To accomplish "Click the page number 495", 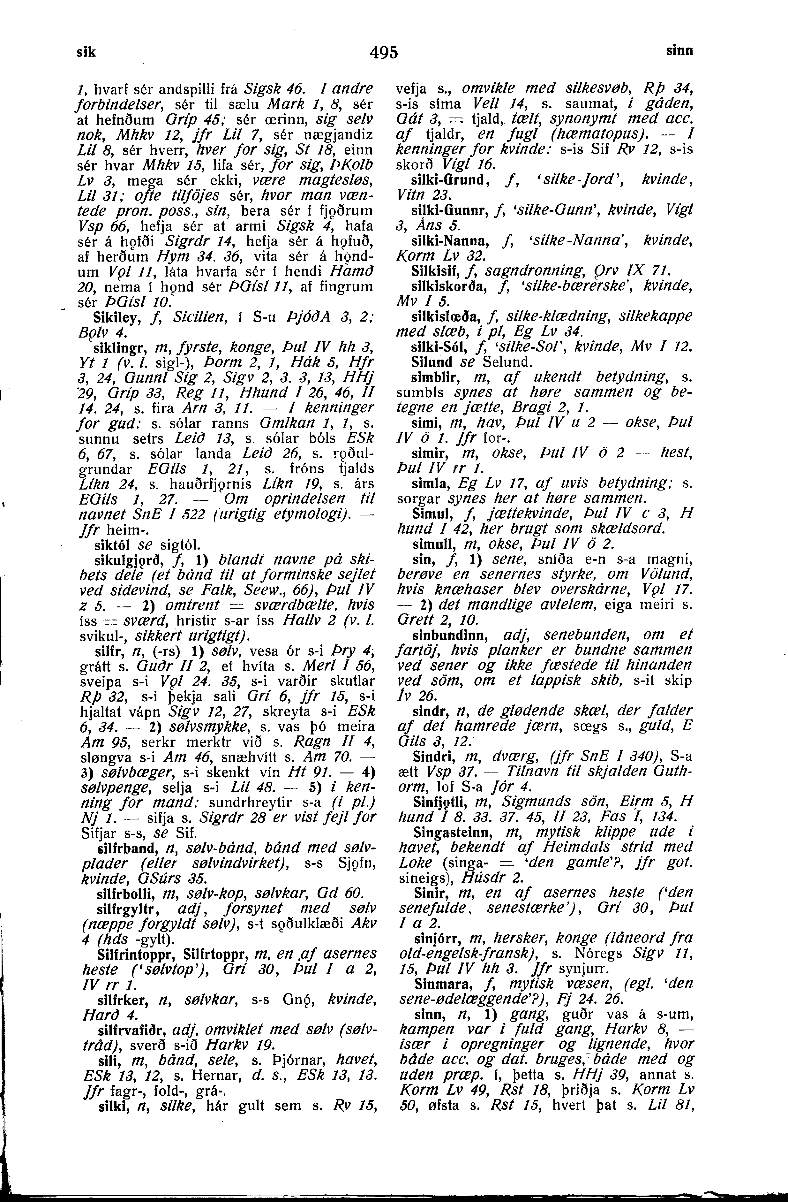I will [x=384, y=52].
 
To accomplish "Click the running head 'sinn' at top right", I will [x=679, y=51].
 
